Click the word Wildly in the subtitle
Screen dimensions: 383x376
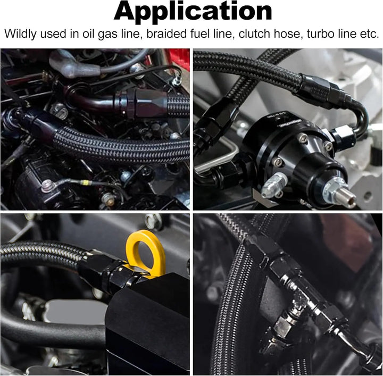point(20,34)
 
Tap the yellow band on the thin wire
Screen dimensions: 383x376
point(85,182)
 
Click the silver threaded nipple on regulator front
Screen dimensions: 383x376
point(339,193)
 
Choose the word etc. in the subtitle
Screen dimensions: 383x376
point(369,34)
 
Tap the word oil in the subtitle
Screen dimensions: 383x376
point(88,34)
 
